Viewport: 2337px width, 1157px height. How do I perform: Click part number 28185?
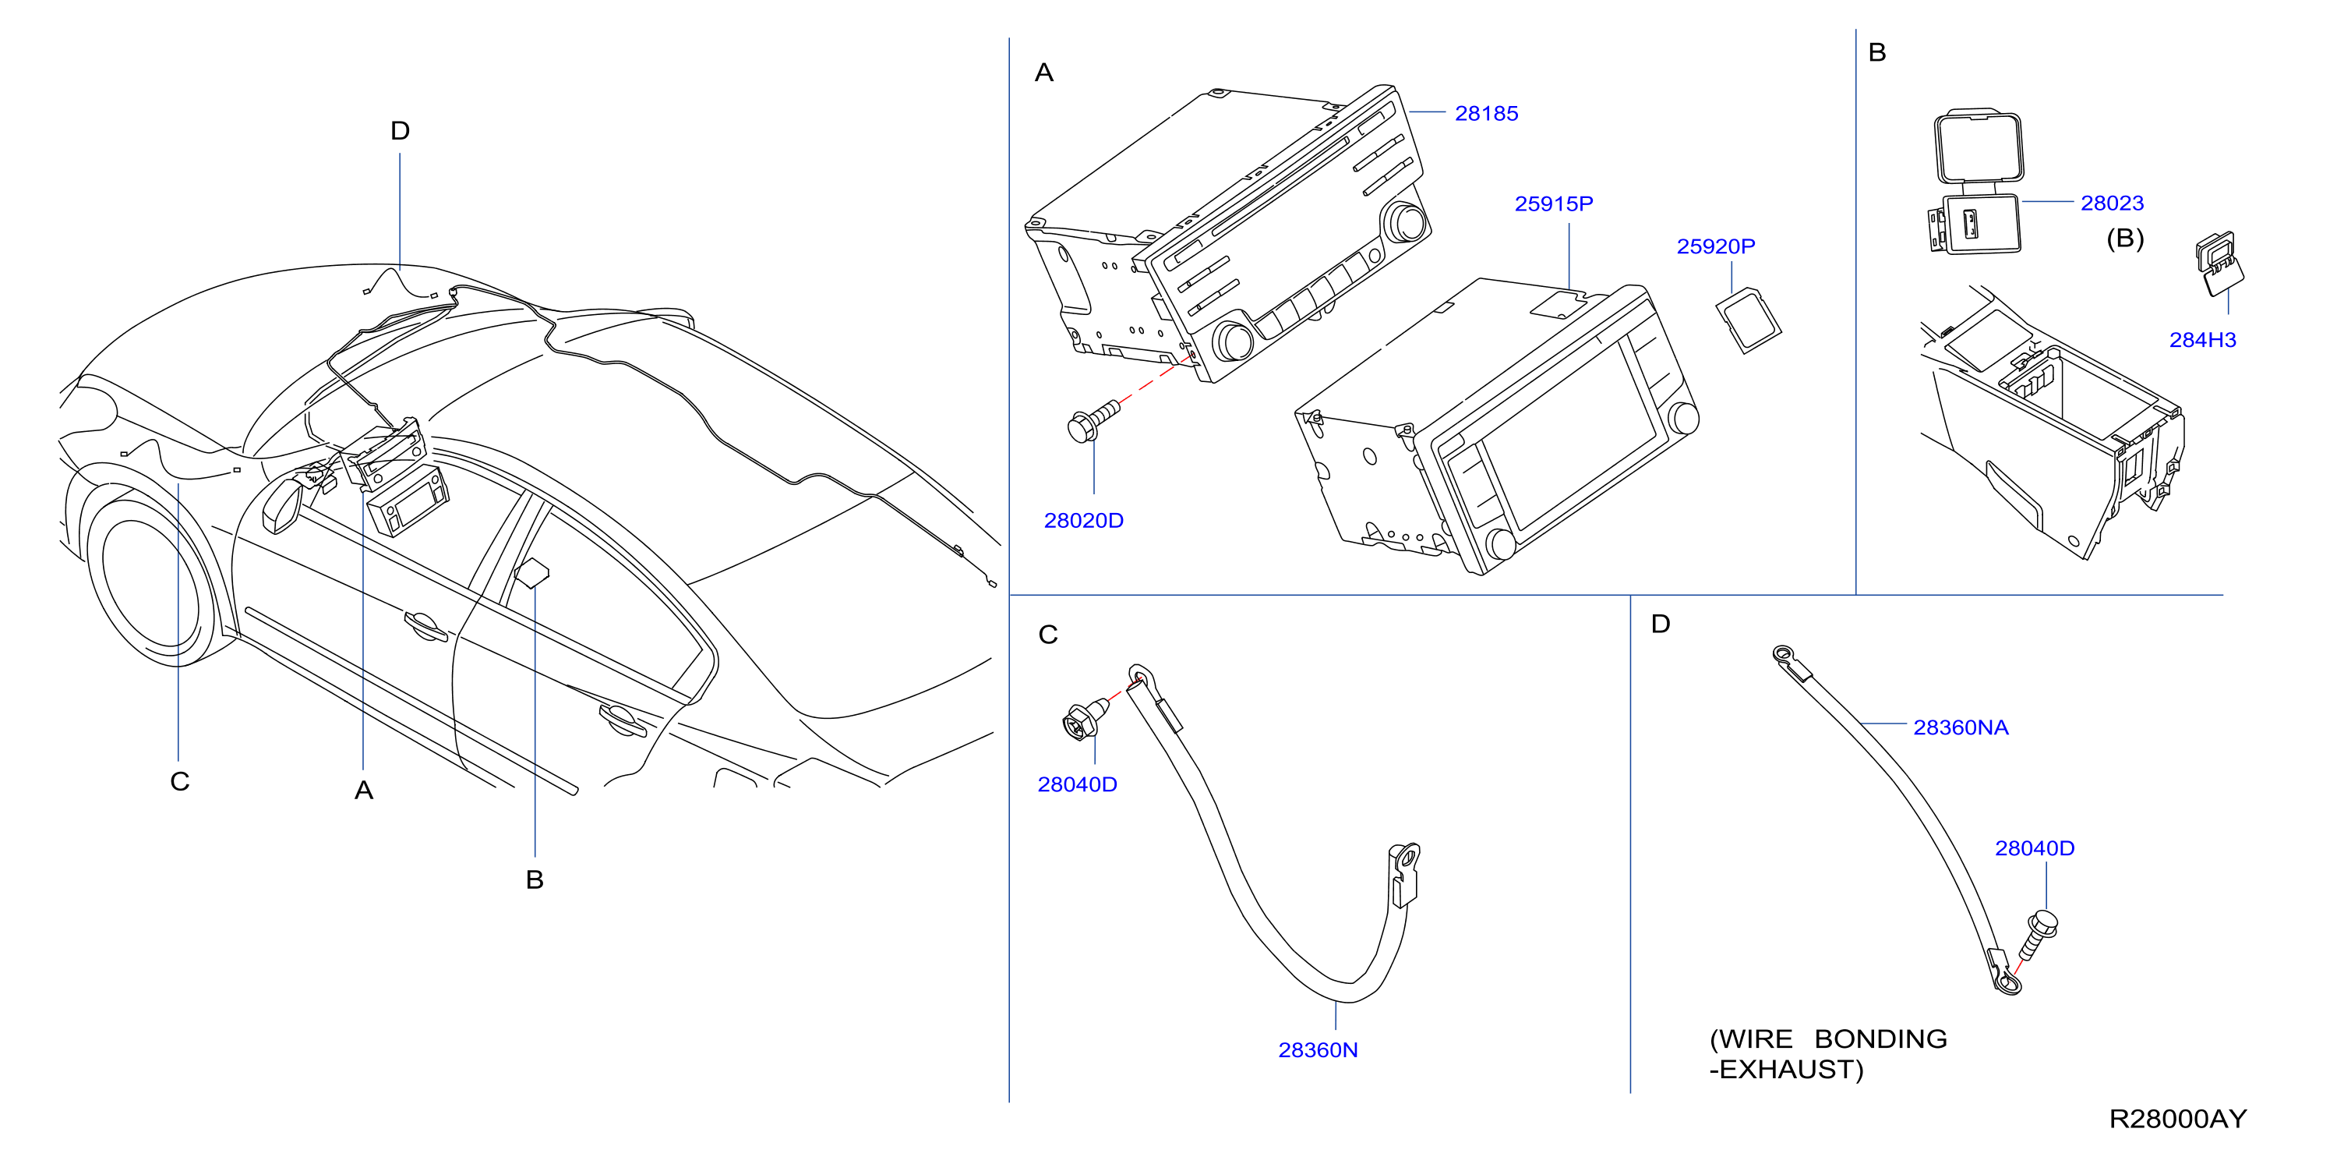1486,113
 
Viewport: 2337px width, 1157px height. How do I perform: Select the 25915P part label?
1553,204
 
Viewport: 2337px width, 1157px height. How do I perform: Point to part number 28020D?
1083,521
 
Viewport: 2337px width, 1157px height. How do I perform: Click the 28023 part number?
2112,203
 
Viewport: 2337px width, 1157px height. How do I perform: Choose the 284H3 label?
2202,340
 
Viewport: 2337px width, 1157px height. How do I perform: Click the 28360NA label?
1961,727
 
